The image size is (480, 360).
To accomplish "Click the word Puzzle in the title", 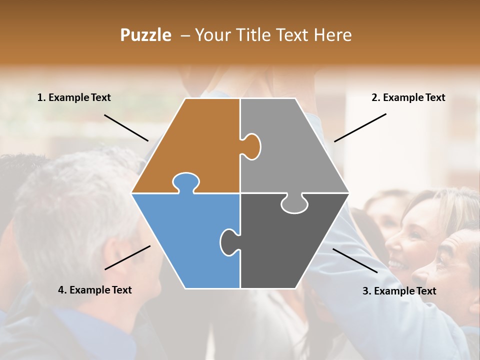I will [x=145, y=35].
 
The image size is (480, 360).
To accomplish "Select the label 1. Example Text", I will [x=74, y=97].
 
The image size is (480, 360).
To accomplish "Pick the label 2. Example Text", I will [x=408, y=97].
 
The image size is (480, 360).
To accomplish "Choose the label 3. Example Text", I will [x=399, y=291].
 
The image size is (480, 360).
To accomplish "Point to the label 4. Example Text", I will [x=95, y=290].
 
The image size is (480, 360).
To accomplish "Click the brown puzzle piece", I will [x=195, y=145].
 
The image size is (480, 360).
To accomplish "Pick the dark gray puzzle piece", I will [x=290, y=245].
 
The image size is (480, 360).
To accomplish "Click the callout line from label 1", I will [x=126, y=127].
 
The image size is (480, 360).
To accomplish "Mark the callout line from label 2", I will [x=360, y=127].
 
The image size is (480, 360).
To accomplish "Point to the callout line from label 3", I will [x=355, y=260].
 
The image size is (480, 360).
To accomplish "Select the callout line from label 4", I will [x=127, y=257].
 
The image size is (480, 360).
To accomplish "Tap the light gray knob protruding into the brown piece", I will [x=251, y=146].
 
